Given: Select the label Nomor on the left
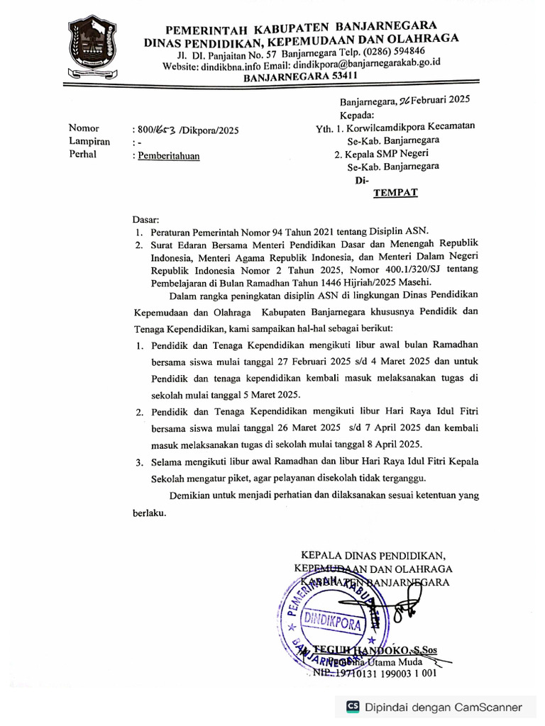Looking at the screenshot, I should tap(84, 128).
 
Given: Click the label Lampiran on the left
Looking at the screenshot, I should tap(89, 142).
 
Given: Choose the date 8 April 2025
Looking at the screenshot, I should tap(385, 445).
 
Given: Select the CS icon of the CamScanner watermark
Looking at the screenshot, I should tap(353, 707).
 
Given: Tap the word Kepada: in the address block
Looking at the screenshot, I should tap(357, 114).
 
